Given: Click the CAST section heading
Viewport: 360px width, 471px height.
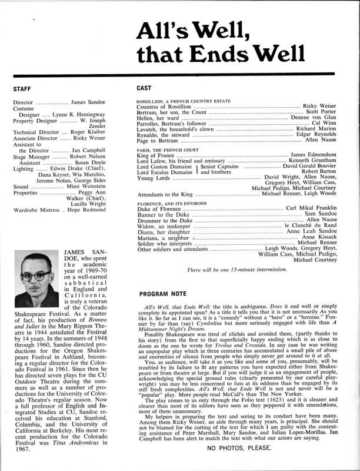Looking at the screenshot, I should (x=145, y=89).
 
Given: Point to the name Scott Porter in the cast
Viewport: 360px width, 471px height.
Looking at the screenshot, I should (x=317, y=112).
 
